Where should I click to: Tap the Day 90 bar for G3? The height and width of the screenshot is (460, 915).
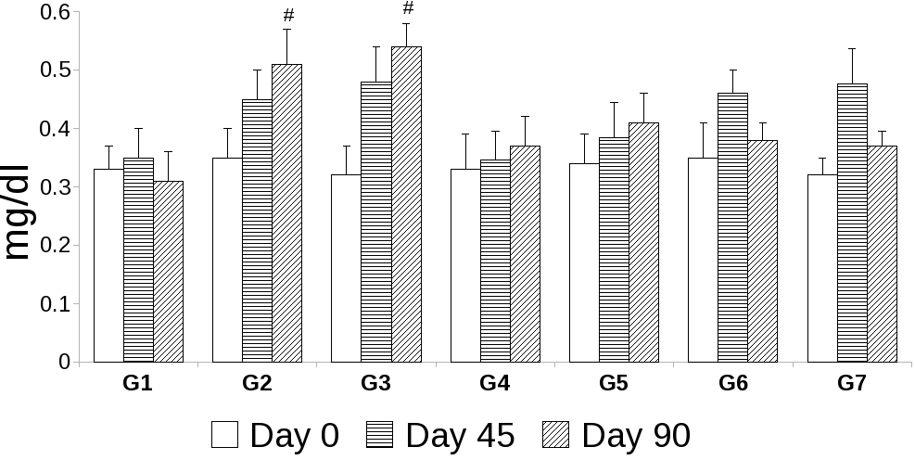click(x=406, y=204)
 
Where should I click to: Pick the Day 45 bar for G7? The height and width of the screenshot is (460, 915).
click(x=852, y=223)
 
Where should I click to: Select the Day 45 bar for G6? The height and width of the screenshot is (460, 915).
click(x=732, y=227)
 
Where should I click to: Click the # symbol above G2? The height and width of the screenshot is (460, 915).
click(x=288, y=16)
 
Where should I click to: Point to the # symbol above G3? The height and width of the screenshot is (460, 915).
click(x=408, y=9)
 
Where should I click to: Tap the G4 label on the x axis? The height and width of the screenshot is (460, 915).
click(x=494, y=383)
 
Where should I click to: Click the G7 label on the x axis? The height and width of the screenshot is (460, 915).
click(x=851, y=383)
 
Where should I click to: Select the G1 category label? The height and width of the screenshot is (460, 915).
click(x=137, y=383)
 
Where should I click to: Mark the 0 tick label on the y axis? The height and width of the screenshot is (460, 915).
click(x=64, y=362)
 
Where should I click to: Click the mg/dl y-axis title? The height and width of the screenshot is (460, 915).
click(x=22, y=213)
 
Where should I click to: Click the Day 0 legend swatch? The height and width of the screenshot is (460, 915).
click(x=224, y=435)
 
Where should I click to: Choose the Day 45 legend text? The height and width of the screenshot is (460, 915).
click(x=460, y=435)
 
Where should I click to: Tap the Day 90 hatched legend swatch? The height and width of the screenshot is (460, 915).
click(x=557, y=435)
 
